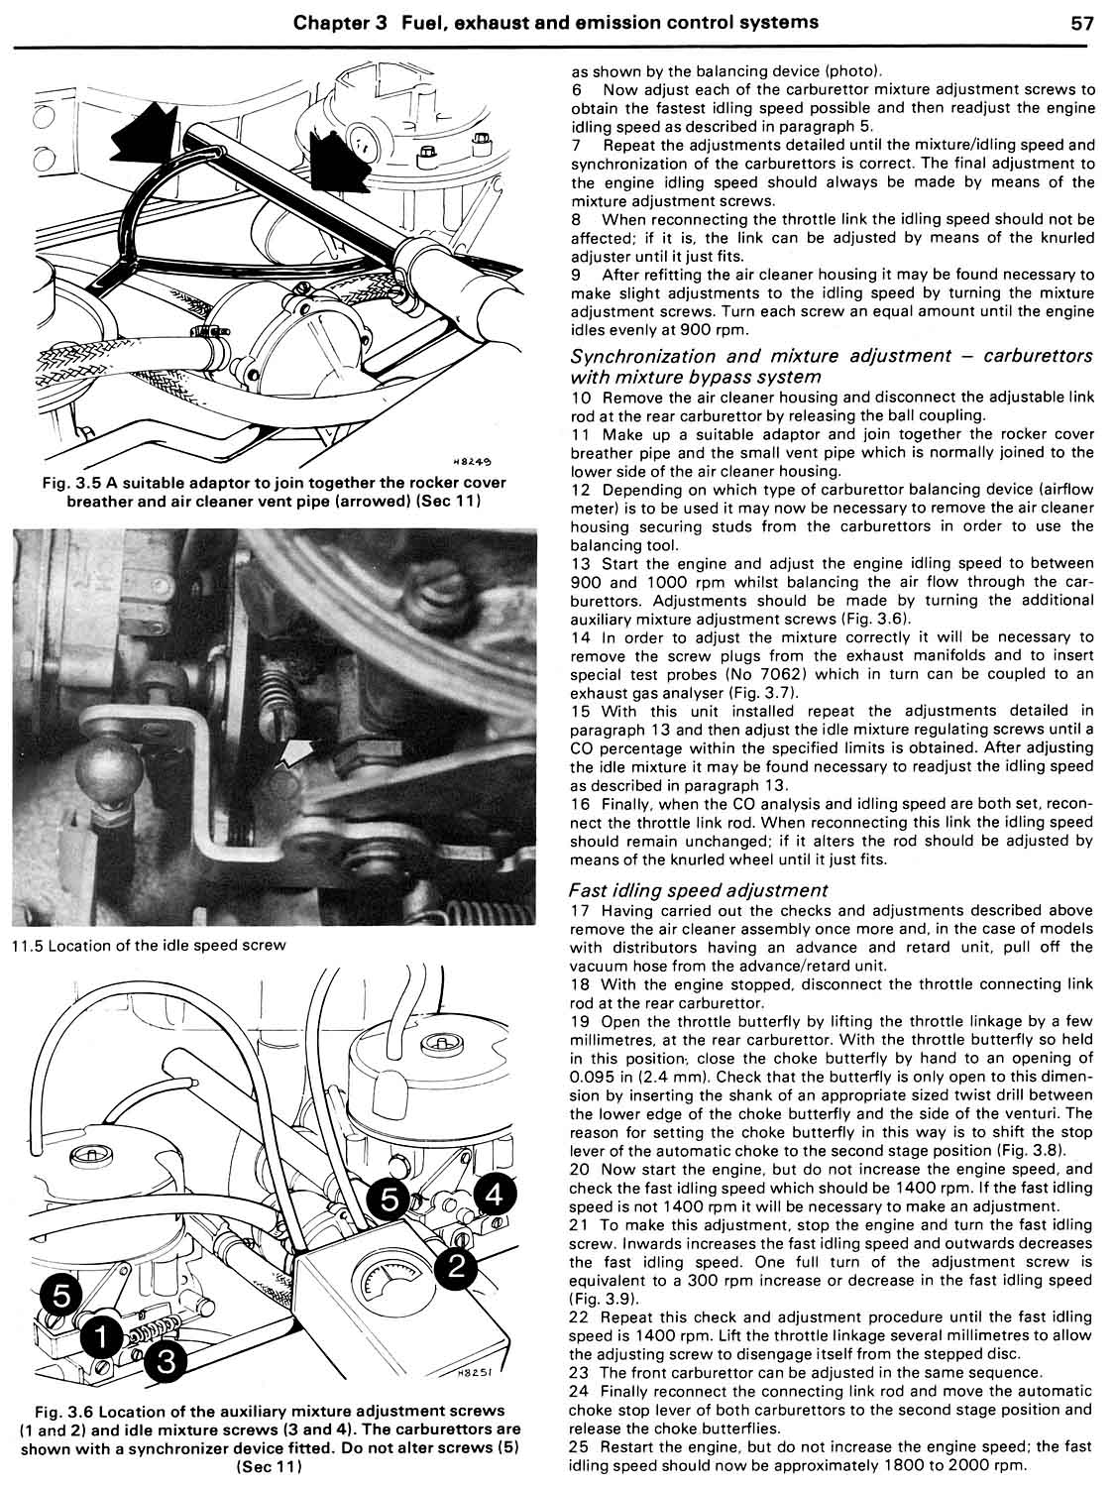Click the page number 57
point(1082,22)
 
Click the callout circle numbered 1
point(101,1335)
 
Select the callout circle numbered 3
point(167,1362)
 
